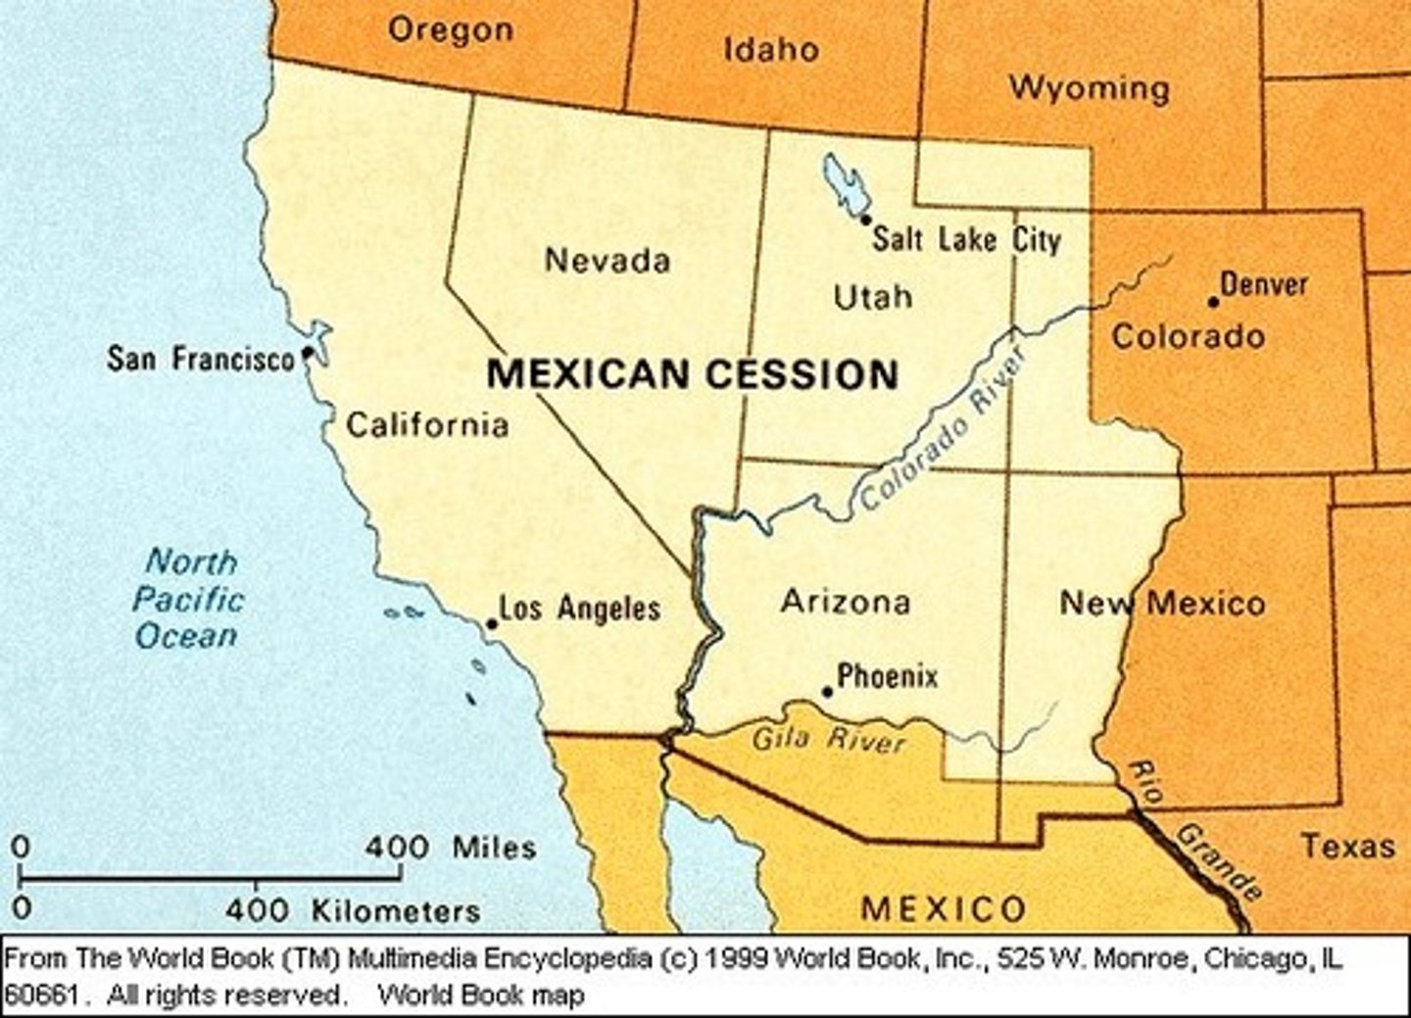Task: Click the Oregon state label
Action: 450,29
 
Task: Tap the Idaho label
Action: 770,49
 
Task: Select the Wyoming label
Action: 1089,88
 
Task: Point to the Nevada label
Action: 608,261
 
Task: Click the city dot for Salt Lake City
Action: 865,219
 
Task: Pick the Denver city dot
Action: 1213,301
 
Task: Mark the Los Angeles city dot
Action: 492,623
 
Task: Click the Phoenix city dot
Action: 827,692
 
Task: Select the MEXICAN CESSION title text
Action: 692,374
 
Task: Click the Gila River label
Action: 828,738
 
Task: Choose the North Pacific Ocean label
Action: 188,599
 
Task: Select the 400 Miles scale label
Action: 451,847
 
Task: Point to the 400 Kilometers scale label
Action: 353,910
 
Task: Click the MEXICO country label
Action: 943,908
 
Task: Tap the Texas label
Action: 1347,846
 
